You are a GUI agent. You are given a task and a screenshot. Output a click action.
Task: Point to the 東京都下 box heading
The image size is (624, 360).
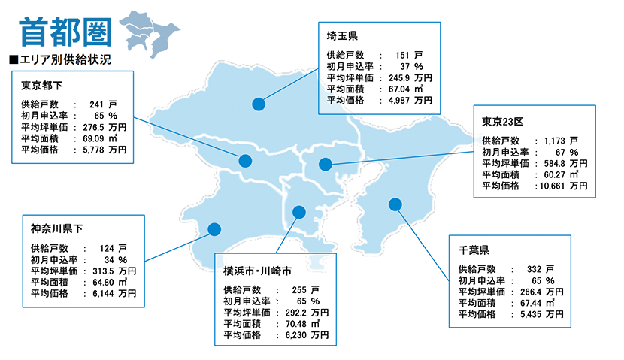click(41, 85)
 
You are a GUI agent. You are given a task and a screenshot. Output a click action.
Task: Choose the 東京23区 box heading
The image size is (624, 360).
click(502, 120)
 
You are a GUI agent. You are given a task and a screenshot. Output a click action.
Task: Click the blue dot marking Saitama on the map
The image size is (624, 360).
click(259, 104)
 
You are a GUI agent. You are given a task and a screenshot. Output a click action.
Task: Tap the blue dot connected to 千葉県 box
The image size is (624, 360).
click(394, 204)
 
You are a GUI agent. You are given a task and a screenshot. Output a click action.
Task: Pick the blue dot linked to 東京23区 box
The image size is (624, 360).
click(325, 164)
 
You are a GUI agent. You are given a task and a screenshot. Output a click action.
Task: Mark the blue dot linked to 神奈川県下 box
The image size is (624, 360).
click(214, 228)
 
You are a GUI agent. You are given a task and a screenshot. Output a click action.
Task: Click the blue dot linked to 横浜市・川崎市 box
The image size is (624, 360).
click(298, 211)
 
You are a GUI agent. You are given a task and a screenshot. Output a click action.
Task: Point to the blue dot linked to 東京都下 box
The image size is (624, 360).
click(245, 160)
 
